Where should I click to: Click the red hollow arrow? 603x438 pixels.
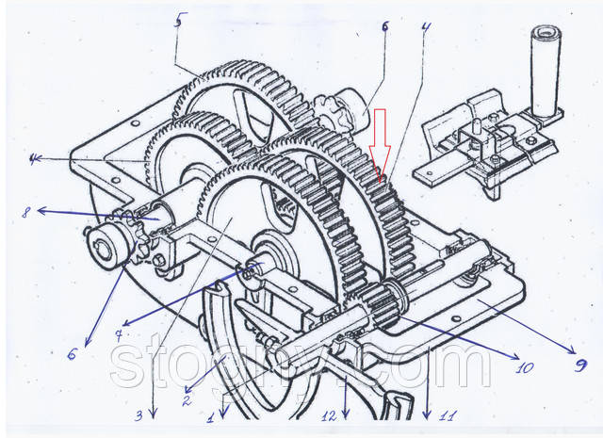click(381, 141)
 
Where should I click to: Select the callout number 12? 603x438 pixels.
click(328, 415)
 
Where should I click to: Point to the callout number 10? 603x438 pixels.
click(522, 362)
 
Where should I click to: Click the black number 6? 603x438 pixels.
click(385, 26)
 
